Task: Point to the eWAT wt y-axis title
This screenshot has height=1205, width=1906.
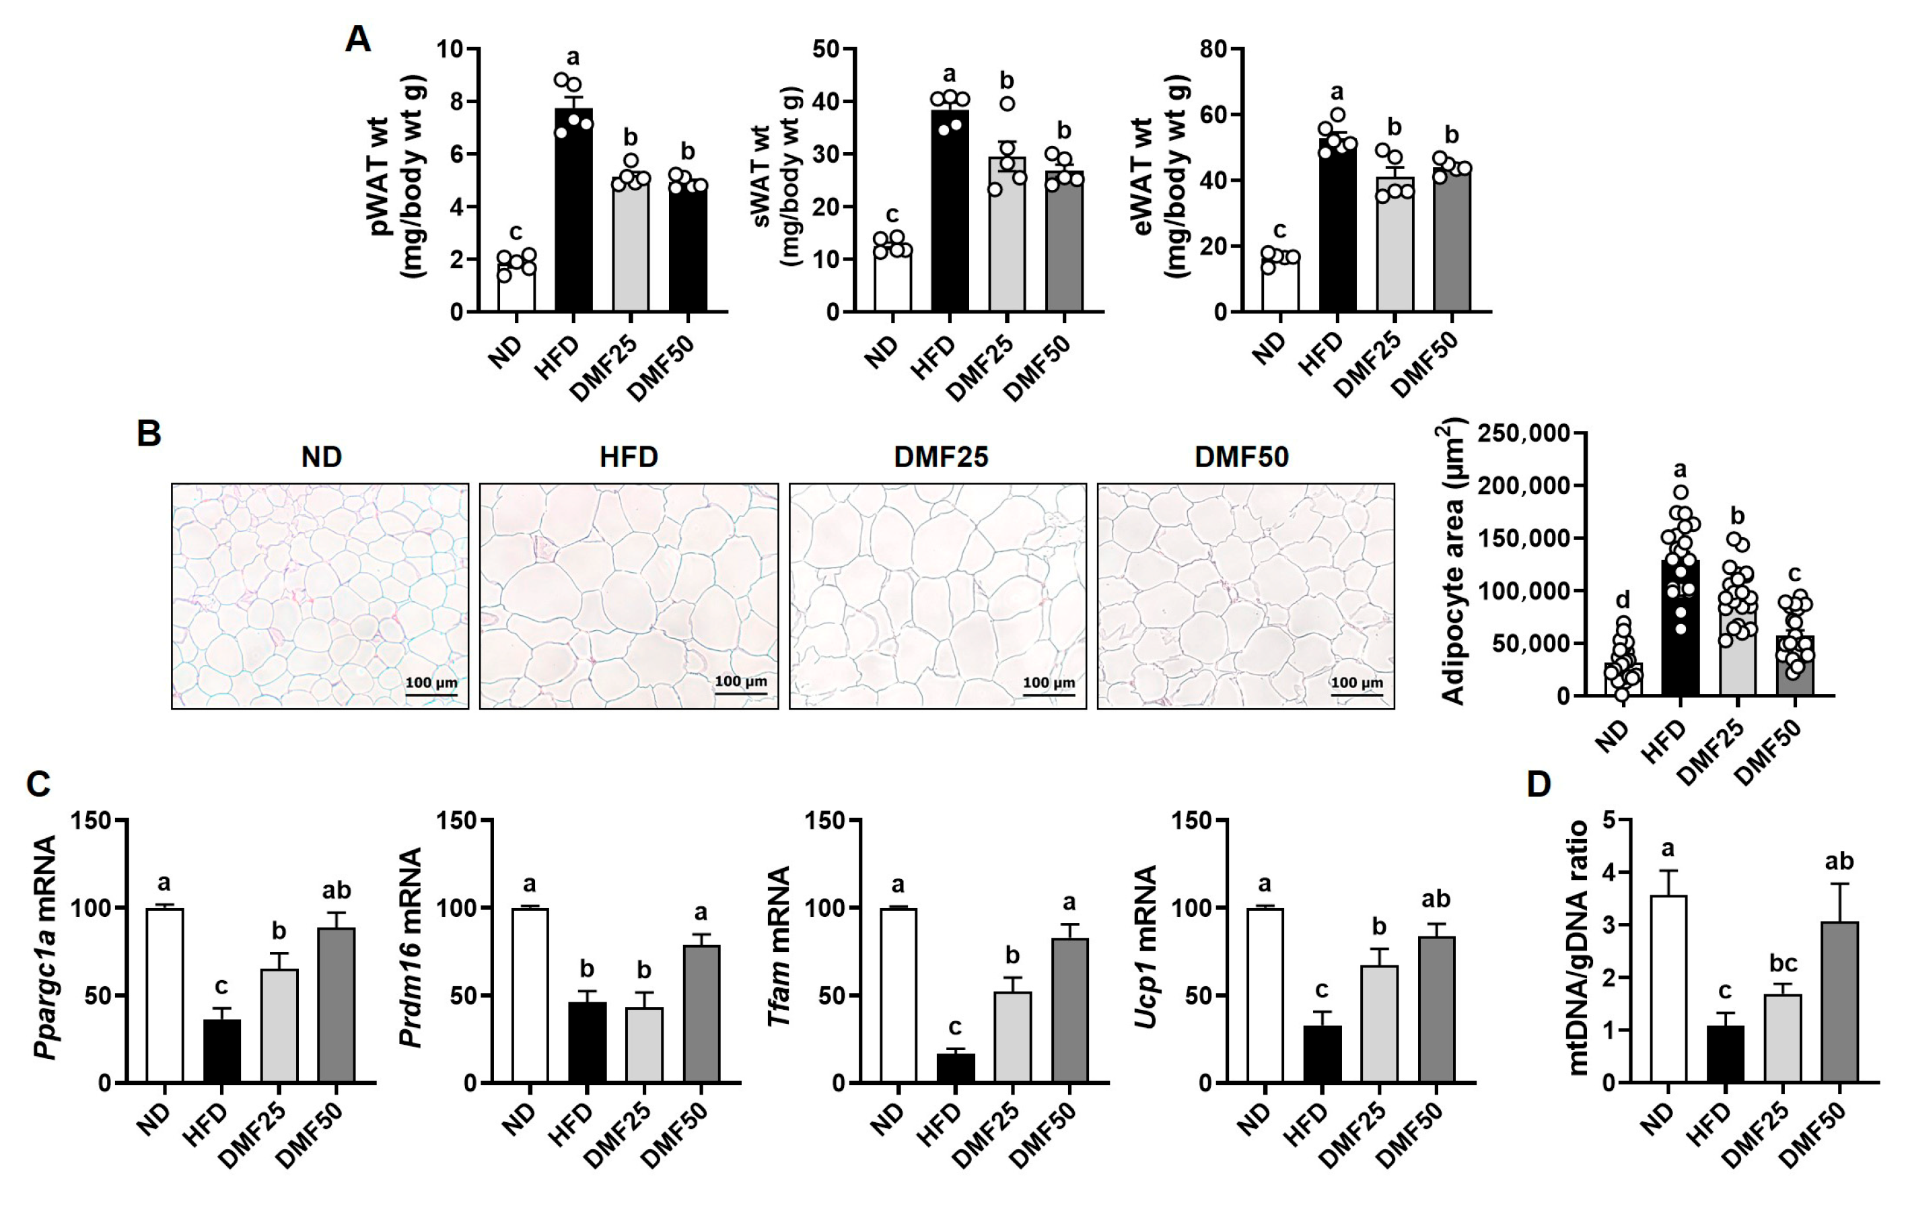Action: pos(1177,176)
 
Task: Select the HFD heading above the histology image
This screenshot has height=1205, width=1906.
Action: pos(629,457)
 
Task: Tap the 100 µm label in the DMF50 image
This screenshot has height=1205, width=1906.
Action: pos(1356,683)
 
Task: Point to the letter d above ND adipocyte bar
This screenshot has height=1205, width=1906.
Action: pos(1622,599)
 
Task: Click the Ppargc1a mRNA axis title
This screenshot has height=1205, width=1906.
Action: pos(46,947)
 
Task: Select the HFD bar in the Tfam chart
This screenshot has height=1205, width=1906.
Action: pos(956,1067)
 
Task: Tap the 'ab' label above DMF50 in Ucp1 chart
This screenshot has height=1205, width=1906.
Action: pos(1436,899)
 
